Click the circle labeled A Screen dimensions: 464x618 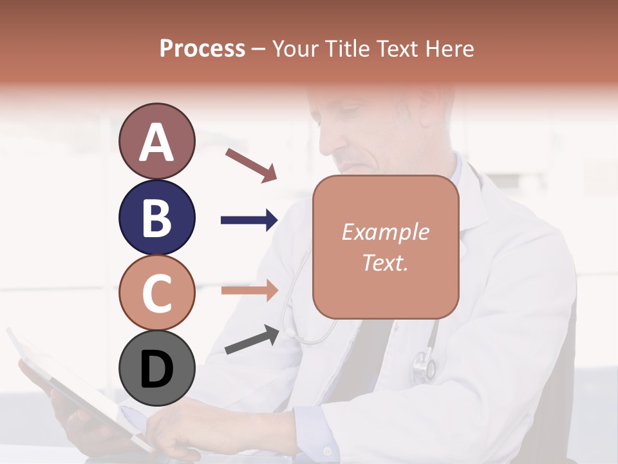coord(156,141)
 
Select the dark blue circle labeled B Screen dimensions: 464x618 coord(156,217)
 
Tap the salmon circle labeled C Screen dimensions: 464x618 coord(156,293)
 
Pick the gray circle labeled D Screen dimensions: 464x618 coord(156,369)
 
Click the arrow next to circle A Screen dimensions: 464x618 coord(251,164)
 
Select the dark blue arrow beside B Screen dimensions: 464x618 coord(249,220)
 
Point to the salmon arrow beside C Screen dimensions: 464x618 coord(249,290)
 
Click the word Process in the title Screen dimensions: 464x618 coord(202,48)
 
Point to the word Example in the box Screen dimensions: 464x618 coord(385,232)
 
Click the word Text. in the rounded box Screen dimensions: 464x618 coord(385,262)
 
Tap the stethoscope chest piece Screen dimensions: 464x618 coord(424,364)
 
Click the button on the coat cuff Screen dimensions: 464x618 coord(327,450)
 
